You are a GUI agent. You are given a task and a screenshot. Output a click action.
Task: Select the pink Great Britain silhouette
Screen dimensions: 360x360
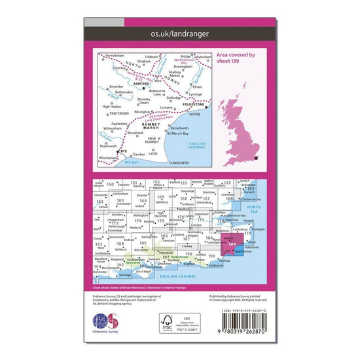coord(240,128)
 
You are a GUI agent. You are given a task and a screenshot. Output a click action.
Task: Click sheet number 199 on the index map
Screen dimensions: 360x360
coord(211,256)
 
